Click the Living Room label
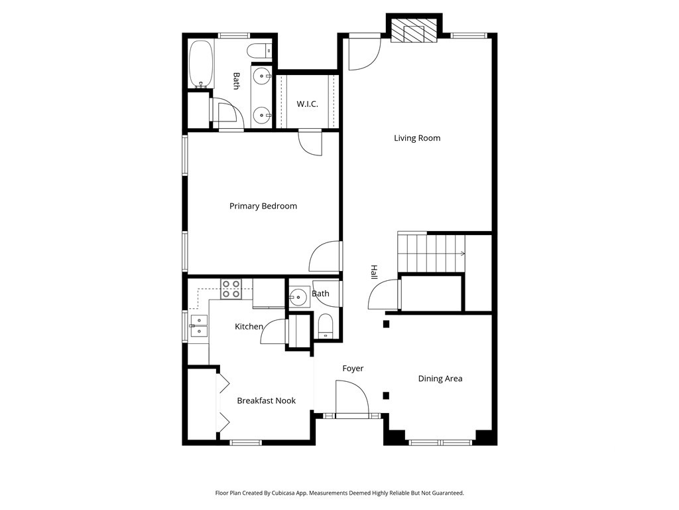pos(417,138)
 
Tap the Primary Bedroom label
pos(263,206)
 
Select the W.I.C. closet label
pos(307,104)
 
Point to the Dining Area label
pos(440,379)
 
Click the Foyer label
pos(353,369)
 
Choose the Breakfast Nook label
pos(267,400)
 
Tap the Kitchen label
pos(249,327)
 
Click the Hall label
pos(374,272)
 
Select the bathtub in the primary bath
pos(200,64)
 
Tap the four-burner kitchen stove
pos(231,289)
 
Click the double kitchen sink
pos(199,325)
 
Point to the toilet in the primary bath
pos(259,51)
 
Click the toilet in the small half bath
pos(325,327)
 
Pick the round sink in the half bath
pos(298,297)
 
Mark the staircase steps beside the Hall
pos(431,252)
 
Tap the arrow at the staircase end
pos(463,254)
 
